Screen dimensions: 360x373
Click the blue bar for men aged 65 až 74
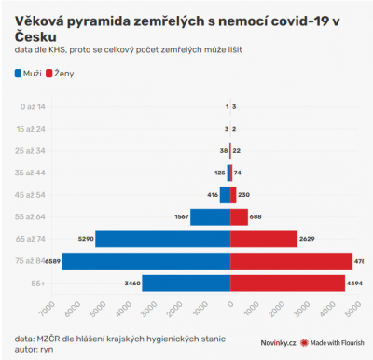coord(162,239)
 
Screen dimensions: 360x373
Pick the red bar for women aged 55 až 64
coord(239,216)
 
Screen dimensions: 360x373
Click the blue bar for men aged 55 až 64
coord(210,216)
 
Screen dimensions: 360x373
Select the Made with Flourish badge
coord(329,342)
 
